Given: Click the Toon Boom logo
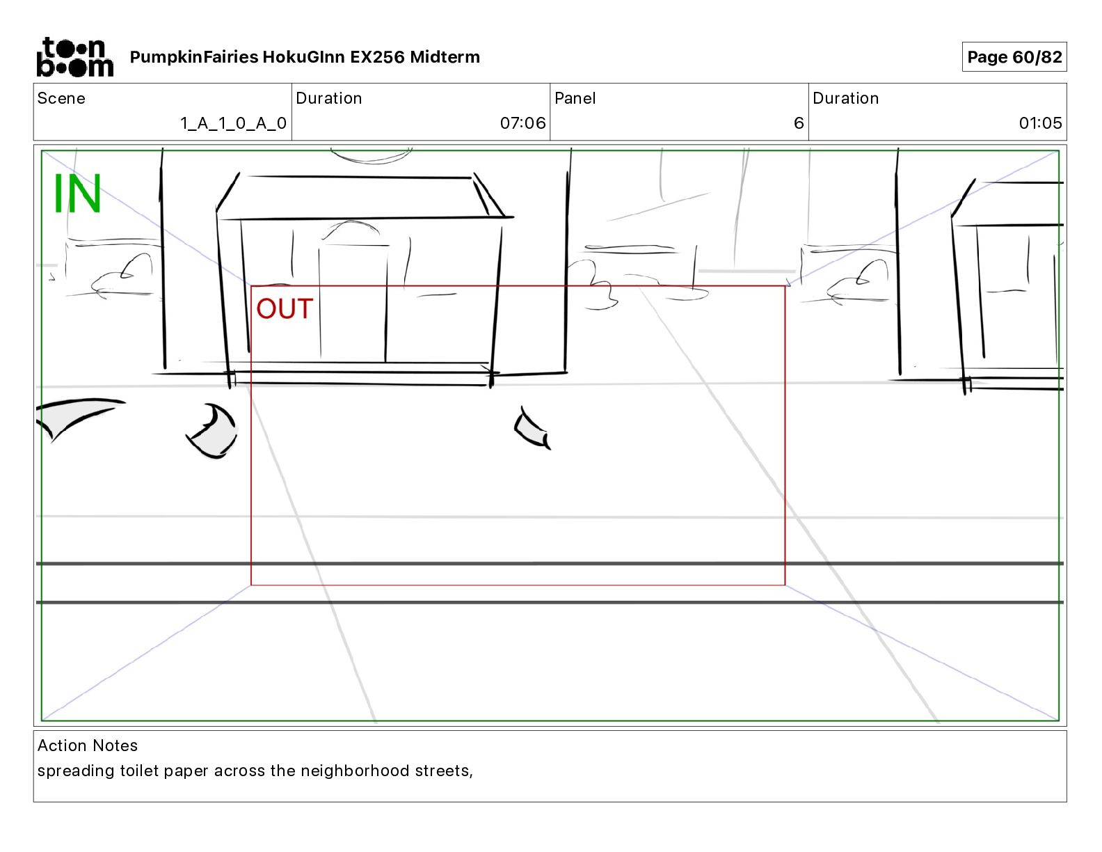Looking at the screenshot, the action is click(x=74, y=57).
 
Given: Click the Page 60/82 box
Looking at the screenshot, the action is click(x=1014, y=57).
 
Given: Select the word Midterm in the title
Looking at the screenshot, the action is click(x=445, y=57).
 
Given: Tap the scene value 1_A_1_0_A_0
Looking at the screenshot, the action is click(x=233, y=123).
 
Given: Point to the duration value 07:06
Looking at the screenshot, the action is click(x=522, y=123).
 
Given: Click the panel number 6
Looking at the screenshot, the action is click(x=799, y=123).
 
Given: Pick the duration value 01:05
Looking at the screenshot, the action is click(x=1040, y=123).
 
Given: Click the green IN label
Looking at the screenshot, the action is click(x=77, y=194).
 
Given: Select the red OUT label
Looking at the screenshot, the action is click(x=285, y=309).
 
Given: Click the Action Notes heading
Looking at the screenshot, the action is click(x=88, y=745).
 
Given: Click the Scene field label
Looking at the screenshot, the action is click(x=61, y=98).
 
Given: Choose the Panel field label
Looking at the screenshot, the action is click(x=575, y=98).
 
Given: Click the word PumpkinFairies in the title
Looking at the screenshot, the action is click(x=194, y=57).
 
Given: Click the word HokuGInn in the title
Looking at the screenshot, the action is click(x=304, y=57).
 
